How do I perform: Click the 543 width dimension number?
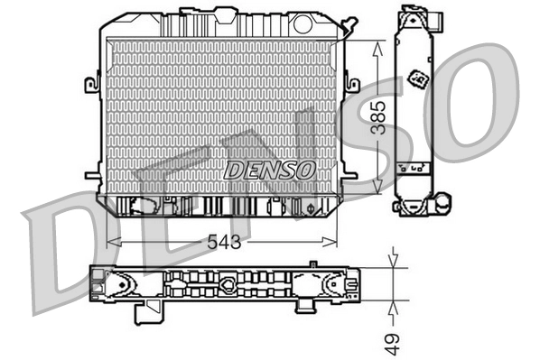[223, 242]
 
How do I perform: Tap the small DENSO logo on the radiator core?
[269, 169]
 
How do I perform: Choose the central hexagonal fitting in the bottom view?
[228, 288]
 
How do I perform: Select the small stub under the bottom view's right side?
[305, 306]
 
